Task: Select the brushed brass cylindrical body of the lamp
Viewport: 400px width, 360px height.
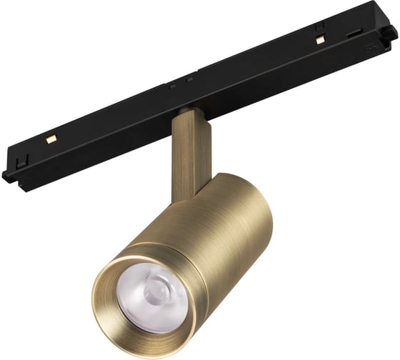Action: pos(214,229)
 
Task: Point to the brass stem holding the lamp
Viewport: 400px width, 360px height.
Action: pos(188,154)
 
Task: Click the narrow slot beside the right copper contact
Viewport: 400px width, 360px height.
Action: pos(352,34)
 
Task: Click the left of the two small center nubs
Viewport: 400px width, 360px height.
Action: pos(173,86)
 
